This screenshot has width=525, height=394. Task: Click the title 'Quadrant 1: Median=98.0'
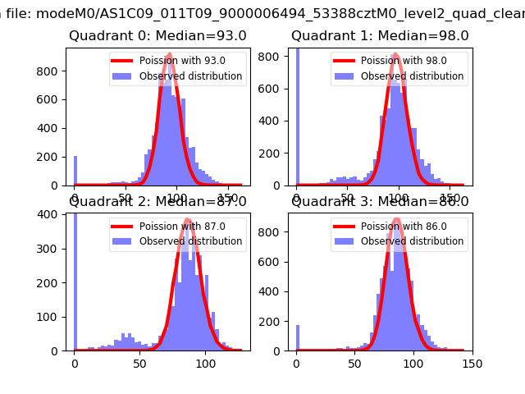[x=380, y=36]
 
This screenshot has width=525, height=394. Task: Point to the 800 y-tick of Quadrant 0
[x=52, y=71]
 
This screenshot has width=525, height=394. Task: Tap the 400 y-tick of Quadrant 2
[x=52, y=214]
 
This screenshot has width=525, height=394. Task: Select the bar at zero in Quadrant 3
[x=297, y=338]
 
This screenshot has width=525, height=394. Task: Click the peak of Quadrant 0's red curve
[x=169, y=55]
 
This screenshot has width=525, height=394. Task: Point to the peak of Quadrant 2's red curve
[x=188, y=220]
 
